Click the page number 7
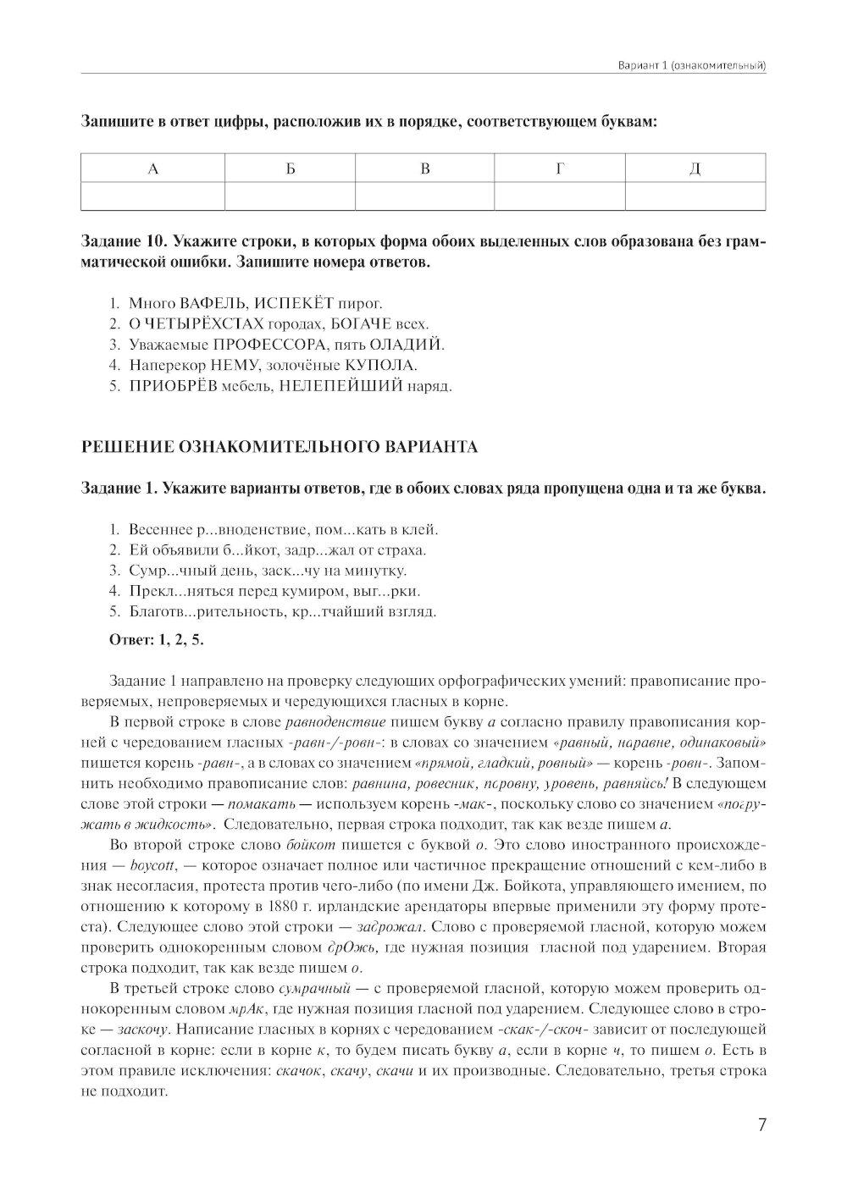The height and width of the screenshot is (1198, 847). [761, 1125]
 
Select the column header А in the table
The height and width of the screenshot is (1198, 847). [153, 168]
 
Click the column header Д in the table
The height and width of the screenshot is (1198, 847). [695, 168]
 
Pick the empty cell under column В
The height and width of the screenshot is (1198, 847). [424, 196]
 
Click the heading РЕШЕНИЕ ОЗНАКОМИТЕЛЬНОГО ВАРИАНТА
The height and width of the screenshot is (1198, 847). [279, 447]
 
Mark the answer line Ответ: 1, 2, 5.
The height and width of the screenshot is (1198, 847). [157, 639]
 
